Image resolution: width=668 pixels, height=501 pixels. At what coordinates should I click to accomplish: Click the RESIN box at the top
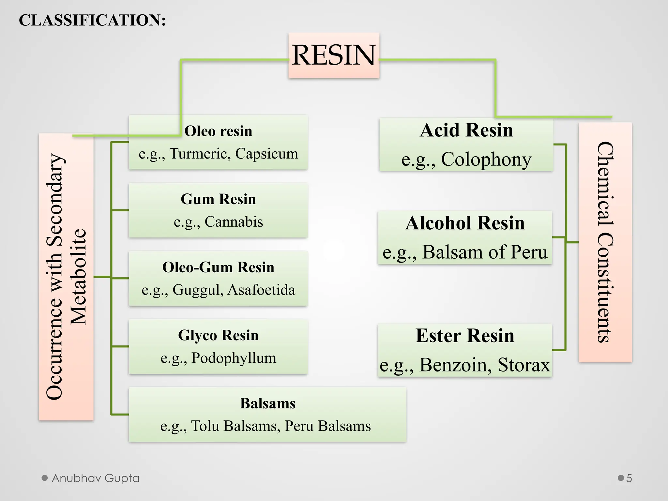coord(334,55)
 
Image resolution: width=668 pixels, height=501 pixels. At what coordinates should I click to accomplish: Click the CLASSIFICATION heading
coord(92,20)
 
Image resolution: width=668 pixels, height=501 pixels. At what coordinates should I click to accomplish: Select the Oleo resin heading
coord(218,131)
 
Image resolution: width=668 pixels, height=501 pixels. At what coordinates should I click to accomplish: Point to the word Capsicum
coord(266,154)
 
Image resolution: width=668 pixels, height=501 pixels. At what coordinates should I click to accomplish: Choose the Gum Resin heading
coord(218,199)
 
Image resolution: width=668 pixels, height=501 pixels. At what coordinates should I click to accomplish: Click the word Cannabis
coord(234,222)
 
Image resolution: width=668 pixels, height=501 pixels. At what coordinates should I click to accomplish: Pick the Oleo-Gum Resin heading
coord(218,267)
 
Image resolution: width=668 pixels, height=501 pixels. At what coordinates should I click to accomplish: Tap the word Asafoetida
coord(261,290)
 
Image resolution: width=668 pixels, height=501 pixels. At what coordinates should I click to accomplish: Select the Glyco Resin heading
coord(218,335)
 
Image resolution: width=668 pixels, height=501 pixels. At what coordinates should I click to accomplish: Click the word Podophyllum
coord(234,358)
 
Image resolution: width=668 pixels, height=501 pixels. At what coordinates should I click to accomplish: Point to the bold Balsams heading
coord(268,403)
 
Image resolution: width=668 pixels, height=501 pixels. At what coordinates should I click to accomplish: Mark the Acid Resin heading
coord(466,130)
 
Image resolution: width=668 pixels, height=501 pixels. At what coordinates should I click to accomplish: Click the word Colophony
coord(486,159)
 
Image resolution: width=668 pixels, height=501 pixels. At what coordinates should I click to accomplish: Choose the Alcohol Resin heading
coord(465,223)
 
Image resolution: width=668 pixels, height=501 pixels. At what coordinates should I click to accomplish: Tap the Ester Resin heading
coord(465,336)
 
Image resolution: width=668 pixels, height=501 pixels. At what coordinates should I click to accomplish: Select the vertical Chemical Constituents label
coord(605,242)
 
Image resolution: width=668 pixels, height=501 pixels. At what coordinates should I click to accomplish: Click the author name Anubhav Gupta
coord(96,478)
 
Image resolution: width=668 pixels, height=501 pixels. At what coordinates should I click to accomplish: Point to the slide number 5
coord(629,478)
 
